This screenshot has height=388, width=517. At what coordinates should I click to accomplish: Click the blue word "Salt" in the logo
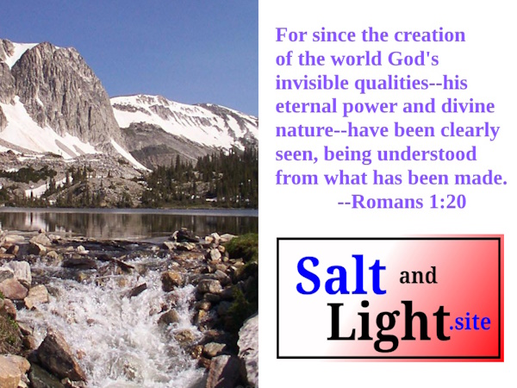click(341, 275)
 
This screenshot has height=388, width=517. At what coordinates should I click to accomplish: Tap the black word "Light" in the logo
click(389, 322)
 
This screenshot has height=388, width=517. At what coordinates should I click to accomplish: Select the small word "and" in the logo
click(418, 277)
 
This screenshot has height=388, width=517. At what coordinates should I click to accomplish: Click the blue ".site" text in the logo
click(470, 323)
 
